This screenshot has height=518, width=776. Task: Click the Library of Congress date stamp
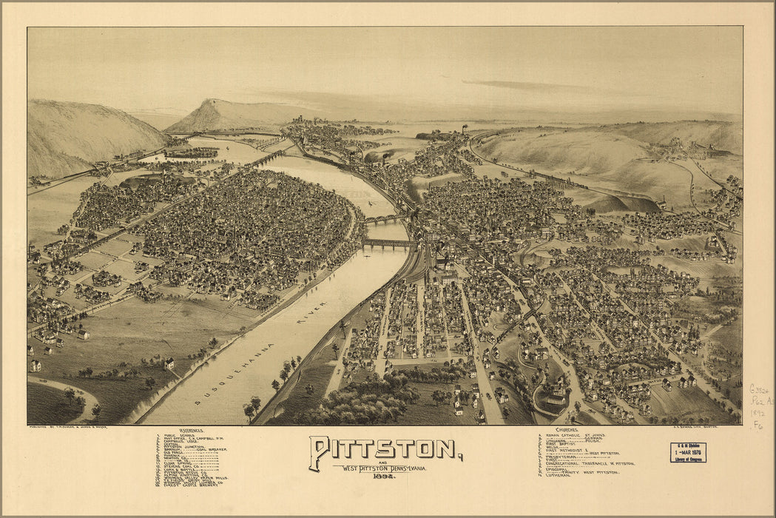[688, 452]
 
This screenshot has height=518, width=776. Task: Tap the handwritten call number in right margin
[758, 406]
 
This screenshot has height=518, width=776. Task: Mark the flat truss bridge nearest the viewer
[389, 243]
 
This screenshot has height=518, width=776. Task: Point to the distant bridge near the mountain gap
[267, 158]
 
